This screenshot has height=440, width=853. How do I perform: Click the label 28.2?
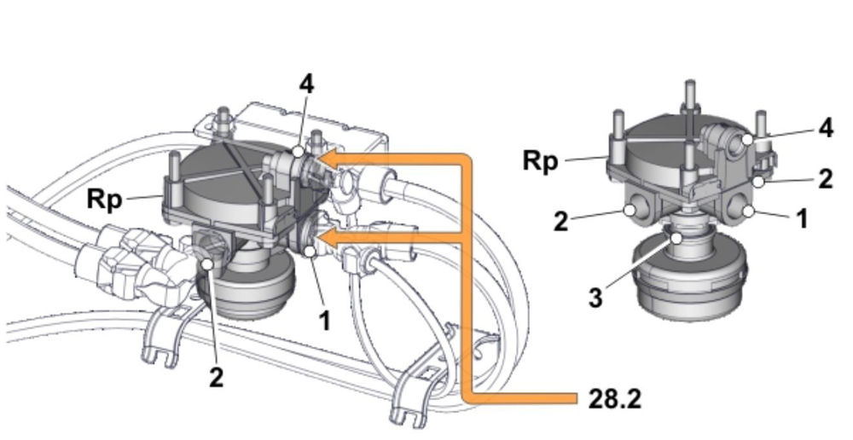(614, 398)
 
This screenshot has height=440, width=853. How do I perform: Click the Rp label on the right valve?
(542, 160)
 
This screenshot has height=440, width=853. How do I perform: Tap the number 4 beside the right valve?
(825, 128)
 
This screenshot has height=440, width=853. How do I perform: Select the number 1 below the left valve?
(324, 321)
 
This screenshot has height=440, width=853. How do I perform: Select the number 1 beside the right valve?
(801, 219)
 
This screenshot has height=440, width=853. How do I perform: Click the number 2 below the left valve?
(217, 376)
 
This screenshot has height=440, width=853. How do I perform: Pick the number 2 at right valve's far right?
(825, 178)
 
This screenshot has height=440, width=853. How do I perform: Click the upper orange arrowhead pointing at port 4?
(328, 159)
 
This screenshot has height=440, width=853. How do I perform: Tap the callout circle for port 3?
(676, 240)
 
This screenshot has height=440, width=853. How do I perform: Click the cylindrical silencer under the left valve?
(252, 291)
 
